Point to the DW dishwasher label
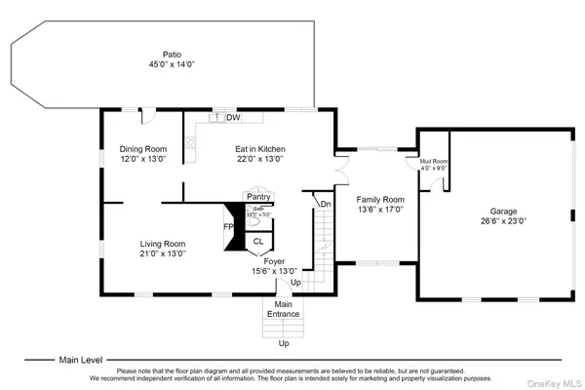pyautogui.click(x=233, y=118)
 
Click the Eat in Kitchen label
pyautogui.click(x=260, y=149)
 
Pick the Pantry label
pyautogui.click(x=258, y=197)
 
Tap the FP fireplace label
pyautogui.click(x=228, y=227)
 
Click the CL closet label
pyautogui.click(x=258, y=241)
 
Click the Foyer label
pyautogui.click(x=275, y=261)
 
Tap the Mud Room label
pyautogui.click(x=434, y=160)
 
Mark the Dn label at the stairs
pyautogui.click(x=325, y=204)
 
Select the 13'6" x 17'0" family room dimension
pyautogui.click(x=379, y=209)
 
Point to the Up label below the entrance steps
pyautogui.click(x=285, y=343)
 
